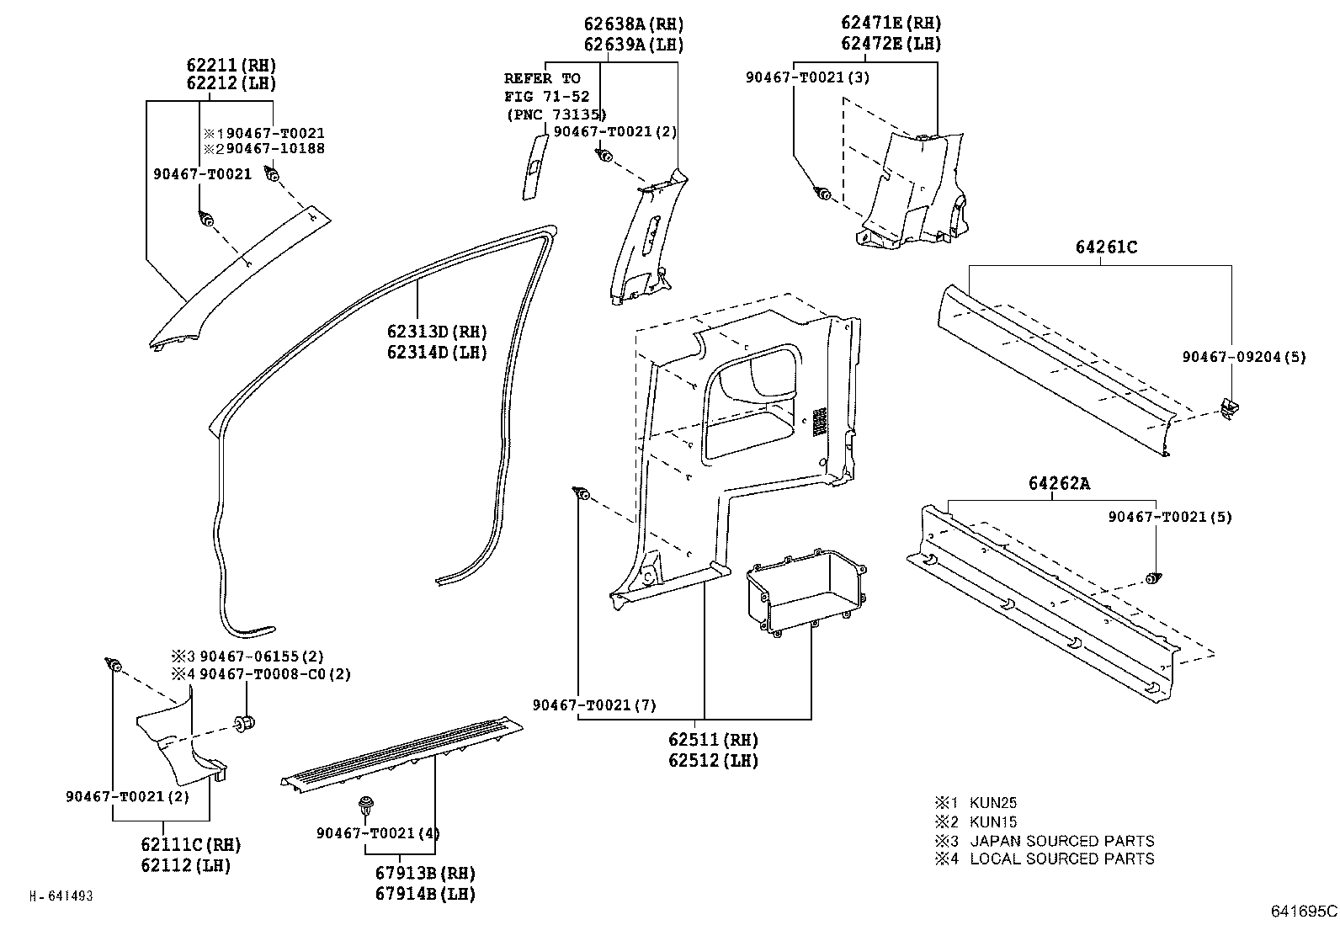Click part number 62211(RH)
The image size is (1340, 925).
click(x=231, y=65)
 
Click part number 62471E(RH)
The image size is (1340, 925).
click(x=891, y=24)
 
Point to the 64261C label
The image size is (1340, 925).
click(x=1105, y=247)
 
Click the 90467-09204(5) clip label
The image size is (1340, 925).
click(x=1243, y=357)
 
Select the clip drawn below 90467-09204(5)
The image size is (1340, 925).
click(x=1231, y=409)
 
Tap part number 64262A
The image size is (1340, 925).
click(x=1058, y=483)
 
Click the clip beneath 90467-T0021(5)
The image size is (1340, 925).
click(x=1154, y=578)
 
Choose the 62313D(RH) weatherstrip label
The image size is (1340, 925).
click(x=437, y=332)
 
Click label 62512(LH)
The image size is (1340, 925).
click(x=713, y=760)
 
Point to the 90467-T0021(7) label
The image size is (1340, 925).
click(x=594, y=704)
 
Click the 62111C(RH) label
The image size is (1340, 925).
click(x=191, y=844)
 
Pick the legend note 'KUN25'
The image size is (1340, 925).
click(x=993, y=802)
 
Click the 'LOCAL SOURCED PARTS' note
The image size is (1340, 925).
click(x=1061, y=859)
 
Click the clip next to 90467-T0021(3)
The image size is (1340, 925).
click(x=823, y=194)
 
